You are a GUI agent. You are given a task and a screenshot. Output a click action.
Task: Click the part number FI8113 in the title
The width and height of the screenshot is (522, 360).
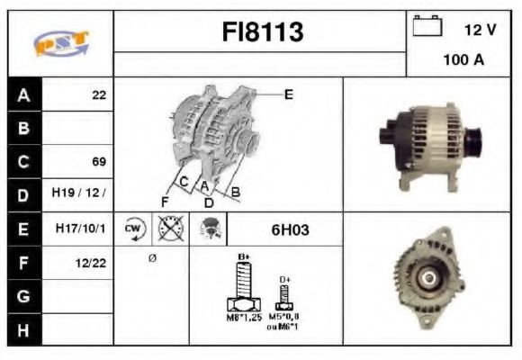(x=263, y=33)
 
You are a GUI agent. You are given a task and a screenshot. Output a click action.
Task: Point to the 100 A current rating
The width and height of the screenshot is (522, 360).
(x=463, y=60)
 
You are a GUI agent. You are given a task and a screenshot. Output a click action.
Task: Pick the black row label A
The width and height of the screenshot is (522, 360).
(x=23, y=94)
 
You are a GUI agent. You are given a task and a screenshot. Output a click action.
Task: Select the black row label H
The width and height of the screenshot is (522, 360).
(x=23, y=329)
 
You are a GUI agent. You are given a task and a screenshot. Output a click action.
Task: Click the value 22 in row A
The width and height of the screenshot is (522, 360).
(x=98, y=94)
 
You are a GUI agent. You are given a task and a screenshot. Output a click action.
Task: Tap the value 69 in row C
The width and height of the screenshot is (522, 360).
(x=98, y=162)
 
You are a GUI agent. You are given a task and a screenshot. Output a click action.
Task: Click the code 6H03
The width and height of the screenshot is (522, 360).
(x=290, y=229)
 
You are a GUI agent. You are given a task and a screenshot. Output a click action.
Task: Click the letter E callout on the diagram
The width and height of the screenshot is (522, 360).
(x=288, y=94)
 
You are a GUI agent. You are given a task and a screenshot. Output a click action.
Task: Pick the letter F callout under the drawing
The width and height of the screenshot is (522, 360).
(x=165, y=200)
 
